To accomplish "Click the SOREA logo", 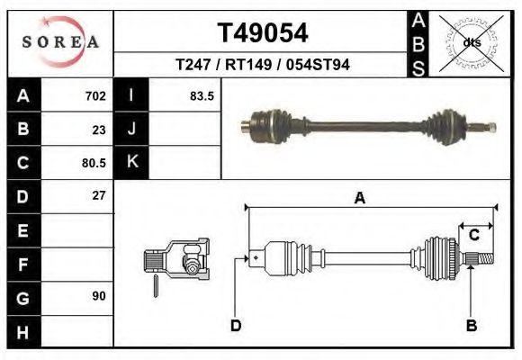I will pos(59,41).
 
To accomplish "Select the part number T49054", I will pos(263,33).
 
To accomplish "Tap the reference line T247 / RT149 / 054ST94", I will pos(263,65).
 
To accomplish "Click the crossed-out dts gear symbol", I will pos(472,41).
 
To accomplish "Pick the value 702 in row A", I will pos(95,95).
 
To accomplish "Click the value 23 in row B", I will pos(99,129).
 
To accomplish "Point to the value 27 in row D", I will pos(99,195).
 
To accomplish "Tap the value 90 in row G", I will pos(99,295).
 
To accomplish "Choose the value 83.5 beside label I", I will pos(202,95).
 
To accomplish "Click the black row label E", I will pos(22,230).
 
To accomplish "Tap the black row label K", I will pos(131,163).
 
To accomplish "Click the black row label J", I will pos(131,129).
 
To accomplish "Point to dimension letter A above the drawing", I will pos(359,199).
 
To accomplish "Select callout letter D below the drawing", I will pos(235,326).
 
